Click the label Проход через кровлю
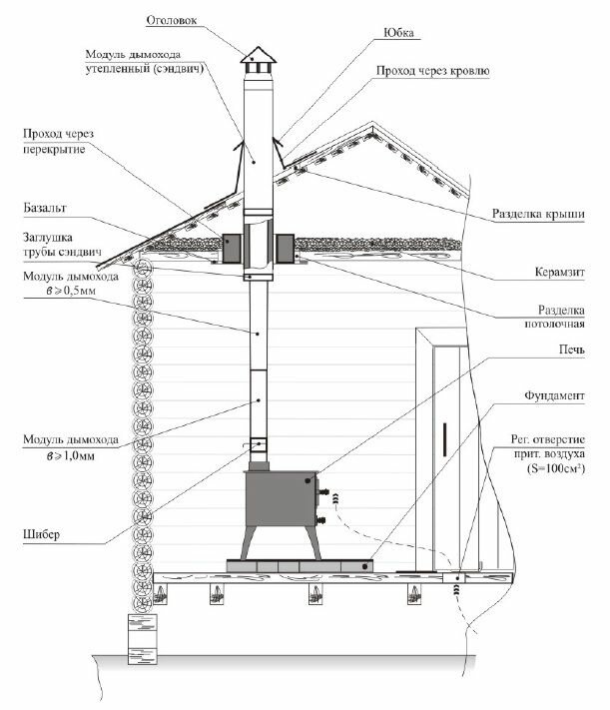coord(432,72)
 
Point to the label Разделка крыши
coord(539,214)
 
